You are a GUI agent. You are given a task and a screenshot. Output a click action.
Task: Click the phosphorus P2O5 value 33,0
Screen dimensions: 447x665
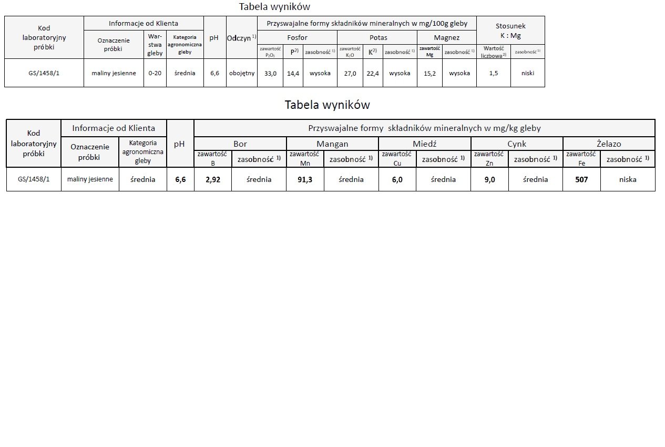[270, 73]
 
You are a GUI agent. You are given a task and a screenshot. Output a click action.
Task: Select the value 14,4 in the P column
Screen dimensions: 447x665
[293, 73]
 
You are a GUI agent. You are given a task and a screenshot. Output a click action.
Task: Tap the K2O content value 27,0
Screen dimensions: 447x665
[350, 73]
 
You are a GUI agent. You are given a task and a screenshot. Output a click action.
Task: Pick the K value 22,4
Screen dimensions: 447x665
[373, 73]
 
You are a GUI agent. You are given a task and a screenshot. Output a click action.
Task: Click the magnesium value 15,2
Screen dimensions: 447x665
[429, 73]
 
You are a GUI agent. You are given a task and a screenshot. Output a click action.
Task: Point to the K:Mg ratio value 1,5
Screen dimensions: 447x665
[494, 73]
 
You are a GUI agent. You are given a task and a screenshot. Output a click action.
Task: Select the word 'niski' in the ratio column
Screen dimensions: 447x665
[528, 73]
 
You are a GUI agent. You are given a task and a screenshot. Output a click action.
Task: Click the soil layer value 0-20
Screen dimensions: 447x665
[155, 73]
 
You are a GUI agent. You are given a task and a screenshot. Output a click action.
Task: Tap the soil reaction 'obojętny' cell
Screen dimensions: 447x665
[242, 73]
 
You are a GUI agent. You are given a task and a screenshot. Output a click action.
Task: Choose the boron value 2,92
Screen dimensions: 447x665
[213, 179]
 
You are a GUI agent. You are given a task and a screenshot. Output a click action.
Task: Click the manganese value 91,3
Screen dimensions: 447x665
[305, 179]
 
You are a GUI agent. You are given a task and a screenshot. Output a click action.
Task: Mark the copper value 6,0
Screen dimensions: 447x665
[397, 179]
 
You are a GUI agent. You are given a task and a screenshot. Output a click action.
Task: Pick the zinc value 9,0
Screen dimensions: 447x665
[489, 179]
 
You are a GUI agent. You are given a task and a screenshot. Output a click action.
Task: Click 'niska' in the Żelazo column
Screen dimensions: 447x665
[628, 179]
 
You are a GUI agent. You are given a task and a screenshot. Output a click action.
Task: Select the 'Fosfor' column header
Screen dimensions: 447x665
[298, 38]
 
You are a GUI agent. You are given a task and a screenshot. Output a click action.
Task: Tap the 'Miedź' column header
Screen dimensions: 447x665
[424, 144]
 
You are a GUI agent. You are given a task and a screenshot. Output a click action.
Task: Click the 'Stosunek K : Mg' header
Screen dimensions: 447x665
[510, 31]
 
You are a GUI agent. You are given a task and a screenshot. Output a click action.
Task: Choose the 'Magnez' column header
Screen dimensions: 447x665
[447, 38]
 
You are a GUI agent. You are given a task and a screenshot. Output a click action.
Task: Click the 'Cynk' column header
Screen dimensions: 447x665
[517, 144]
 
